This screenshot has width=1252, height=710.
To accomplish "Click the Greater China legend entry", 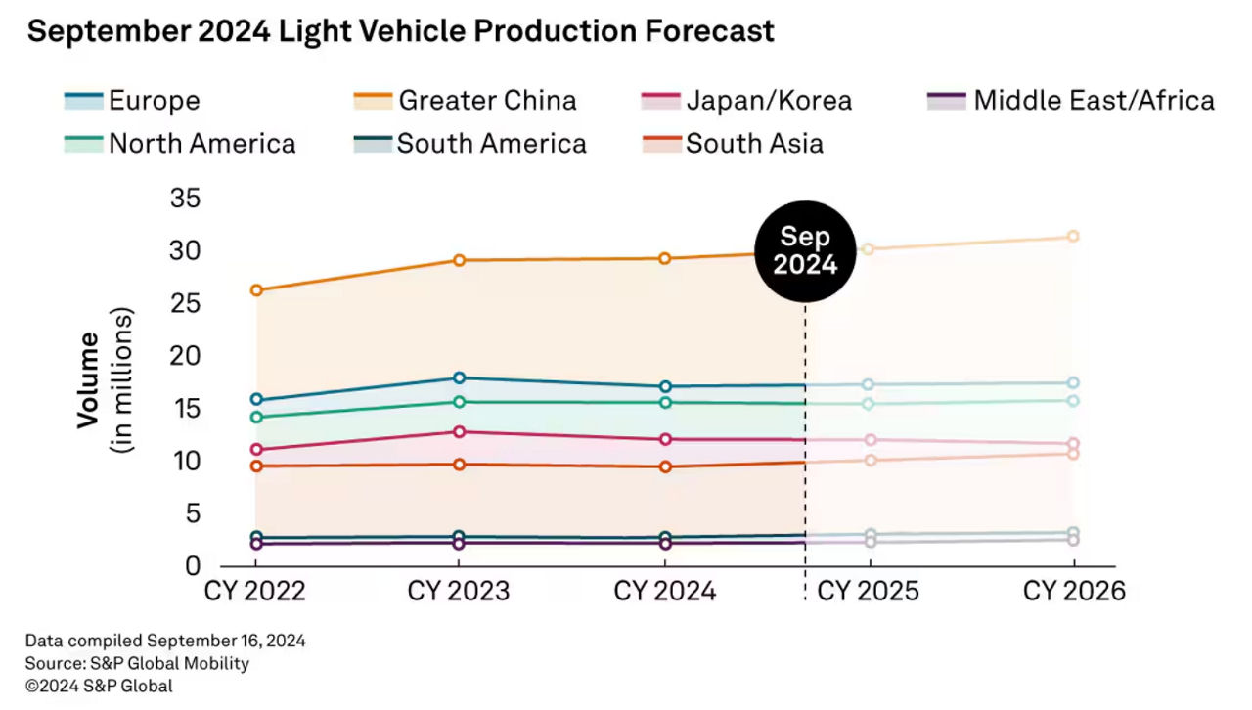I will [466, 100].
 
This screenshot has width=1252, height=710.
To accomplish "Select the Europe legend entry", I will [133, 100].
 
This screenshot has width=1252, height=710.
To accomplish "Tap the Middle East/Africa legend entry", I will [1070, 100].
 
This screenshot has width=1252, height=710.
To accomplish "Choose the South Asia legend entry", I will [733, 144].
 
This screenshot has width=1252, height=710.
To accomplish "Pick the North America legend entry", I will [181, 144].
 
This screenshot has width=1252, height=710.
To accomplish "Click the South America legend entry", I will [469, 144].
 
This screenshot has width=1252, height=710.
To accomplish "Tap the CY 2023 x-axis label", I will [458, 592].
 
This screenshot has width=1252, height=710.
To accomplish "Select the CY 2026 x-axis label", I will [1074, 592].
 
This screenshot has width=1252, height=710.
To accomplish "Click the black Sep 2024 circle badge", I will [805, 251].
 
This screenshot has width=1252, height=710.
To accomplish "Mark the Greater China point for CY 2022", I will [256, 290].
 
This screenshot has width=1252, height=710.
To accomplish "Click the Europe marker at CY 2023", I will [459, 377].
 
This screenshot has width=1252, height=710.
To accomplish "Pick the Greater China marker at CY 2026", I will [1073, 237].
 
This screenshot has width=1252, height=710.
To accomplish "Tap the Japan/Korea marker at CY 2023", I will [459, 431].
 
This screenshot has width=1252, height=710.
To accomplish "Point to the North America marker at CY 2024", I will [665, 402].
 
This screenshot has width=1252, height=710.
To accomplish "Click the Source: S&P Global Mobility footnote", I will [137, 663].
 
